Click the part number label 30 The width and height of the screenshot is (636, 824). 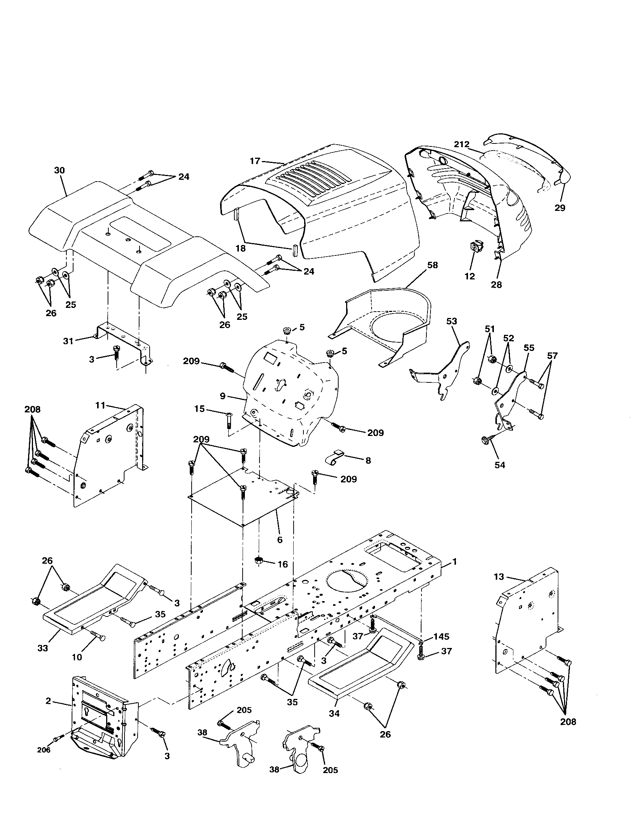59,170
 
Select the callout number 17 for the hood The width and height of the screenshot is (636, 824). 255,161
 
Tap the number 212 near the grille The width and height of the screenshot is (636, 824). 462,144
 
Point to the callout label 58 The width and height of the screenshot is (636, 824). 432,265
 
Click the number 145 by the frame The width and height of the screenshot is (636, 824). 441,637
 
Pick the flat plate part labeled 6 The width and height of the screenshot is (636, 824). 242,502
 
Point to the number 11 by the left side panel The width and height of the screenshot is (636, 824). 100,406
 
